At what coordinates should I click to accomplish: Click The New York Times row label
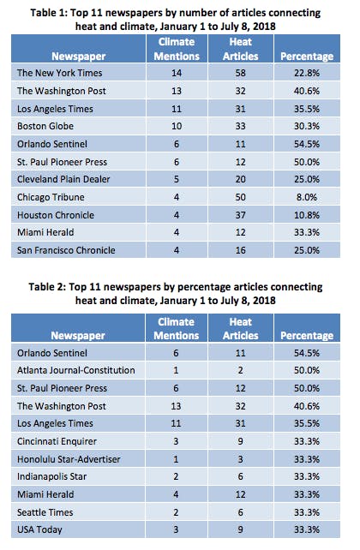[x=60, y=73]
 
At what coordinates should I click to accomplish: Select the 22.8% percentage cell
[x=307, y=73]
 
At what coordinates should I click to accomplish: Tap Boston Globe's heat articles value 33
[x=240, y=126]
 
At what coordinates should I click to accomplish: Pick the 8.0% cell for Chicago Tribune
[x=307, y=197]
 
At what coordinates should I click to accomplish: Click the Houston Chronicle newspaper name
[x=56, y=215]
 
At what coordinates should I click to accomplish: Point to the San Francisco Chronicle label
[x=66, y=250]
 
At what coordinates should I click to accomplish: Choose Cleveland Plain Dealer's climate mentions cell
[x=177, y=179]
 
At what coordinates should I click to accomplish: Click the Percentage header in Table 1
[x=307, y=57]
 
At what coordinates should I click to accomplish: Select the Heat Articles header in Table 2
[x=240, y=329]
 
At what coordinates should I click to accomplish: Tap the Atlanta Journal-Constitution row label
[x=75, y=370]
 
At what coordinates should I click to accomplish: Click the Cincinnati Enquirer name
[x=57, y=441]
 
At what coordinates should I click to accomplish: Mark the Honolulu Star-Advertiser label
[x=69, y=459]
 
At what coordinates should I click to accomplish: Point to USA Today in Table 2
[x=39, y=529]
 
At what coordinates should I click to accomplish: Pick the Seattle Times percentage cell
[x=307, y=512]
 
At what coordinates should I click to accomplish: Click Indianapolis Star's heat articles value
[x=240, y=476]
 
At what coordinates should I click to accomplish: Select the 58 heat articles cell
[x=240, y=73]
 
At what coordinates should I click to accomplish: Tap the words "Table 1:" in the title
[x=49, y=13]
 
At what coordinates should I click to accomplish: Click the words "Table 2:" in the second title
[x=47, y=287]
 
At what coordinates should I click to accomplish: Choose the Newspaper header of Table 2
[x=78, y=336]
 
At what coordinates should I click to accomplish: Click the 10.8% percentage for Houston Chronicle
[x=307, y=215]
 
